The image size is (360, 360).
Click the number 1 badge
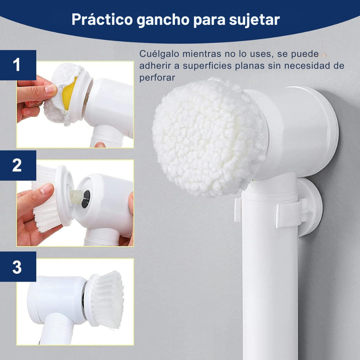pos(17,65)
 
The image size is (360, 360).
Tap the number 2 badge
pos(17,165)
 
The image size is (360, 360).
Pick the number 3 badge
pos(17,267)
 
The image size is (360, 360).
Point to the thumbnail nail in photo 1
pos(50,88)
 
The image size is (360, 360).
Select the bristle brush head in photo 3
pos(106,299)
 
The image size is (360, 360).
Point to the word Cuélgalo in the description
pos(158,54)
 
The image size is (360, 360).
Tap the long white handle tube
pos(270,288)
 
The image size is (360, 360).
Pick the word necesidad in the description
pos(306,66)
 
